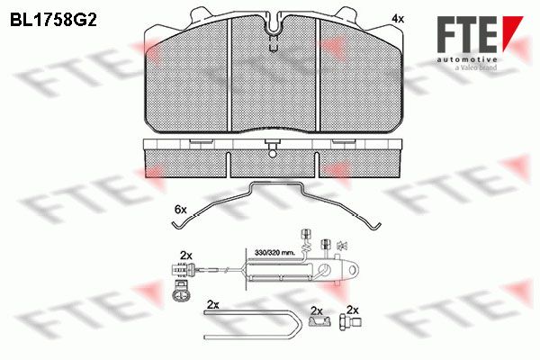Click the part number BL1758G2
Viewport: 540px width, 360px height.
[53, 20]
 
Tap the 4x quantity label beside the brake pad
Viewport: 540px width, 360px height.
[398, 19]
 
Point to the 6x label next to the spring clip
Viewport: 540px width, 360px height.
[181, 209]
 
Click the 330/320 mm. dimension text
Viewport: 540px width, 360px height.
[274, 253]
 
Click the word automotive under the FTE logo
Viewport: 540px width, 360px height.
[467, 59]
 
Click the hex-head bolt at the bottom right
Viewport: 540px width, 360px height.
[350, 323]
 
